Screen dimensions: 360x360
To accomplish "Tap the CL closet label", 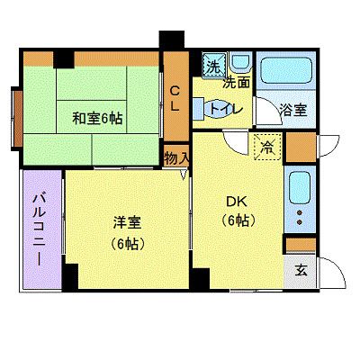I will tap(175, 97).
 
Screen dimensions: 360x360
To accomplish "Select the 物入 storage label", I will tap(177, 158).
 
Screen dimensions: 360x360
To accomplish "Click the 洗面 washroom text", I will tap(237, 83).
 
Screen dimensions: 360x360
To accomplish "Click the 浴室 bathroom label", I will tap(292, 111).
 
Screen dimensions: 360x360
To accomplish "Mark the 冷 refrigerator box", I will tap(267, 147).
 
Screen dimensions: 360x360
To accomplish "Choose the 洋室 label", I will tap(127, 222).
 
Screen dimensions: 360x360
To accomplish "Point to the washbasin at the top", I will tap(240, 64).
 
